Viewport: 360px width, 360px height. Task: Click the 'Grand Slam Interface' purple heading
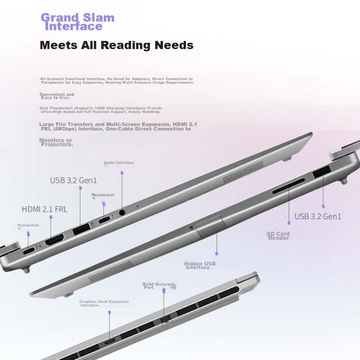pos(77,22)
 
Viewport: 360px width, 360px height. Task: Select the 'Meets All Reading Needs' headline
pos(117,45)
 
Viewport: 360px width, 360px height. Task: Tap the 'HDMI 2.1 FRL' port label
pos(45,209)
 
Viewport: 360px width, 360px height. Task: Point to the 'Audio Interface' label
pos(119,162)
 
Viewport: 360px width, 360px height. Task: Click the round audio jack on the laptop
pos(122,212)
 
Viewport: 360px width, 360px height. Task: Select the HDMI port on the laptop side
pos(54,239)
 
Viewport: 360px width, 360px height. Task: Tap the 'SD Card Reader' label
pos(278,236)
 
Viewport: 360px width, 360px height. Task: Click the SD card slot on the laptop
pos(288,186)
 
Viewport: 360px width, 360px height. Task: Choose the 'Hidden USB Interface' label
pos(200,265)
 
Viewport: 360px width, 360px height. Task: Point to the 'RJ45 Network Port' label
pos(158,286)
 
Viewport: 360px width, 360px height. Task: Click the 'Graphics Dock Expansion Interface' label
pos(104,303)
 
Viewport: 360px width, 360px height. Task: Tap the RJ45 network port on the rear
pos(166,319)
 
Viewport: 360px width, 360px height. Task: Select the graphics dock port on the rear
pos(110,342)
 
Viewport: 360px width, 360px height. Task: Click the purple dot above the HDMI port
pos(51,217)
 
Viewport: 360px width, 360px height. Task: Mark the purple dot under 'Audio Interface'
pos(122,173)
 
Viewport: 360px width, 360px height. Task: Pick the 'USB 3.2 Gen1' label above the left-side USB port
pos(73,180)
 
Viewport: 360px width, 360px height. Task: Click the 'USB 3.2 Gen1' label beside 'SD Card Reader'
pos(318,216)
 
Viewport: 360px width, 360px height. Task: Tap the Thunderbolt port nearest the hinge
pos(29,251)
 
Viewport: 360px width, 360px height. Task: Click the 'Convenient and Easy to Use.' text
pos(57,96)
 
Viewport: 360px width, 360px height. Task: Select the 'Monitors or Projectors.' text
pos(56,142)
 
